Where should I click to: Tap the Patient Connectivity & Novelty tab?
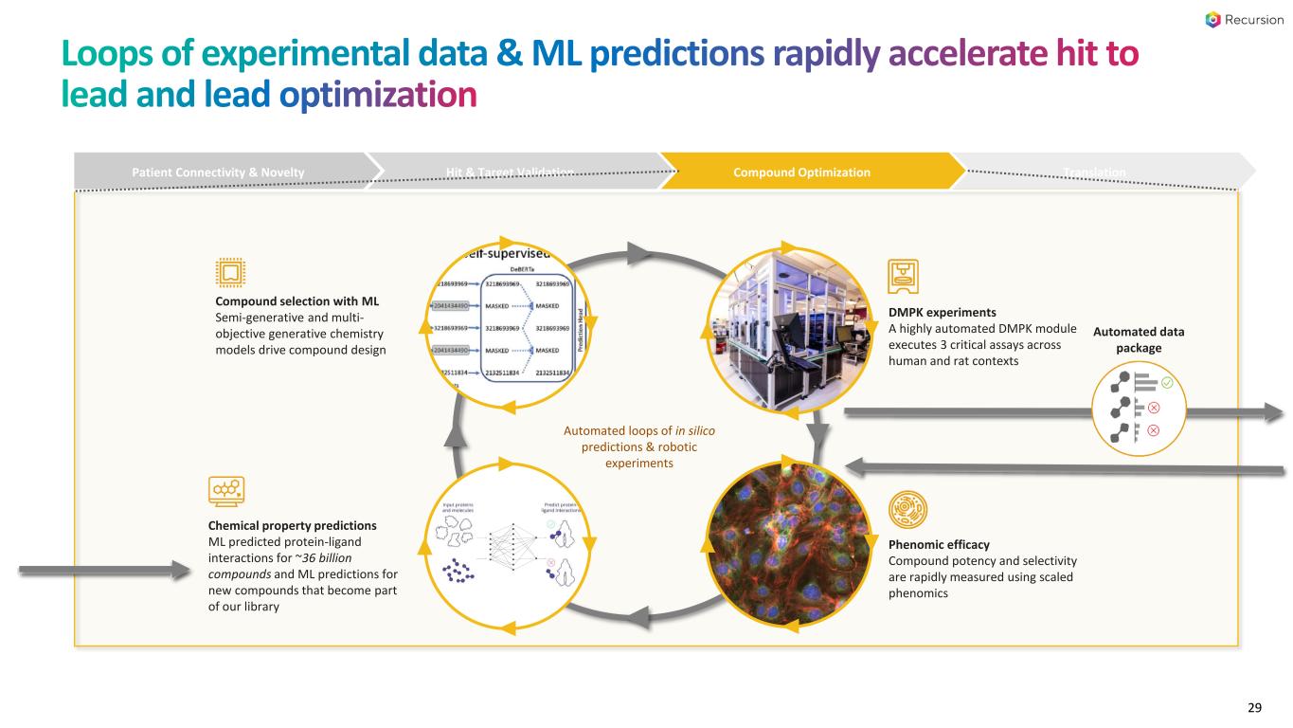click(x=219, y=172)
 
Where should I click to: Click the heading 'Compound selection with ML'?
click(x=284, y=301)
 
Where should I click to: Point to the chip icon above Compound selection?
click(x=230, y=274)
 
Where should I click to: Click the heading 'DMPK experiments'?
click(x=943, y=311)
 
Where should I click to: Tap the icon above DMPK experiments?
click(x=902, y=277)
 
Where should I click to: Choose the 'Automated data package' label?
click(x=1152, y=339)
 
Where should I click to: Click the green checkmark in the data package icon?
click(x=1167, y=383)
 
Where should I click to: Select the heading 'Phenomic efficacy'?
click(x=939, y=544)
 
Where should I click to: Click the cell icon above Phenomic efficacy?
click(x=904, y=509)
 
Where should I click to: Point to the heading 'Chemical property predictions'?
click(x=292, y=524)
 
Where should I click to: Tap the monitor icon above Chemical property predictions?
click(x=225, y=490)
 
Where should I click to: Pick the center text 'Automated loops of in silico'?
click(x=639, y=430)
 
